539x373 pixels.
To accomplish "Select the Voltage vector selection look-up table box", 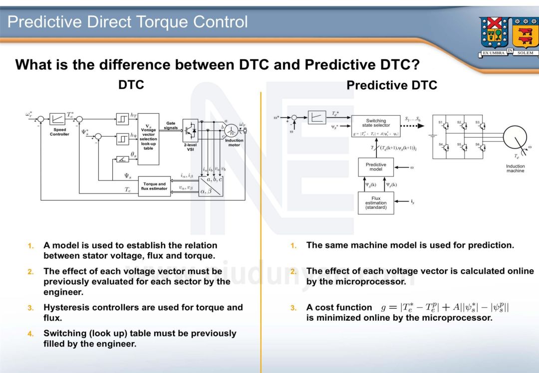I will coord(148,139).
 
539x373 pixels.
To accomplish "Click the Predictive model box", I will coord(375,167).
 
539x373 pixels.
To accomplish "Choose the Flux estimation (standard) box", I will coord(375,202).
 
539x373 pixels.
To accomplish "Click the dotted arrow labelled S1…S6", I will coord(415,126).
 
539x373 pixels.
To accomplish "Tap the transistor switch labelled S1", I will coord(445,126).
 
